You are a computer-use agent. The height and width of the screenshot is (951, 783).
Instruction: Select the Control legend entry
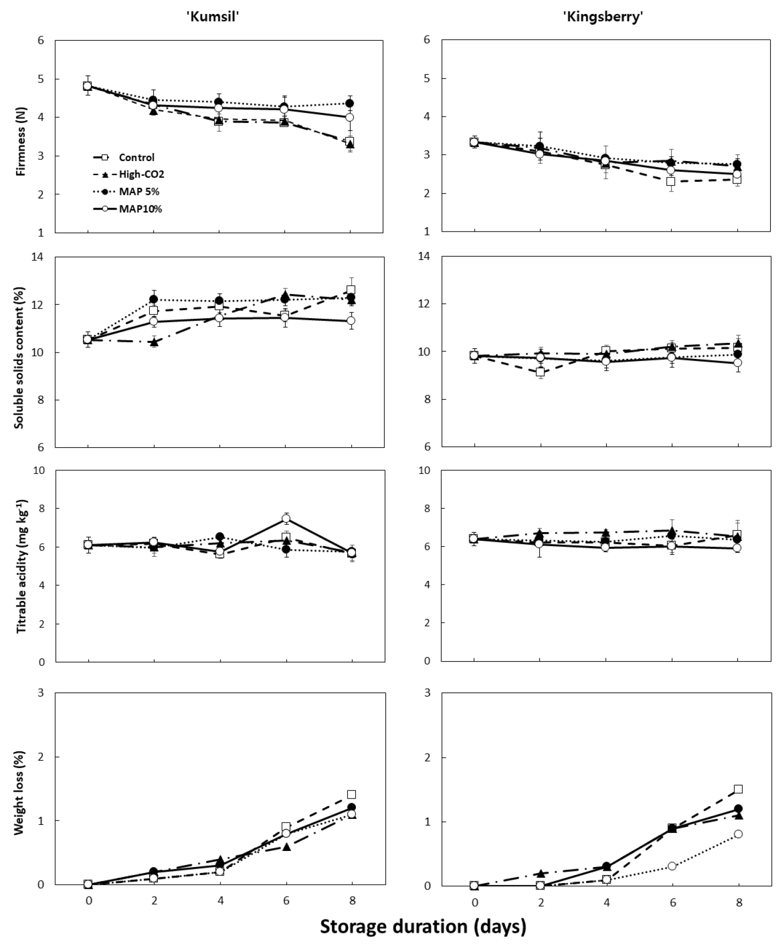pyautogui.click(x=136, y=157)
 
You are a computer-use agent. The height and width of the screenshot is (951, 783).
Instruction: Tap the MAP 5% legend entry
pyautogui.click(x=139, y=191)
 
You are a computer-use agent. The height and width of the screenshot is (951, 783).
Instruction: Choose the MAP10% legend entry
pyautogui.click(x=140, y=209)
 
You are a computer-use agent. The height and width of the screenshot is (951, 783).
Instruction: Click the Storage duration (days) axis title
pyautogui.click(x=423, y=926)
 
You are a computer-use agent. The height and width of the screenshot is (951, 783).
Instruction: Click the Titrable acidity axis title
pyautogui.click(x=21, y=566)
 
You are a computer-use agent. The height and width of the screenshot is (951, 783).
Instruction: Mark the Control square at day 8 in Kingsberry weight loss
pyautogui.click(x=738, y=789)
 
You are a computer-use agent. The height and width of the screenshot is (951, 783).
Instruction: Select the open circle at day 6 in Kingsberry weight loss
pyautogui.click(x=672, y=865)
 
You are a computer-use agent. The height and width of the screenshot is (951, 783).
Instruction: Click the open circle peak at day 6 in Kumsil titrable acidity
pyautogui.click(x=286, y=518)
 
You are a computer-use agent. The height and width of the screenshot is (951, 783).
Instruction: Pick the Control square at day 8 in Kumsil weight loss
pyautogui.click(x=352, y=794)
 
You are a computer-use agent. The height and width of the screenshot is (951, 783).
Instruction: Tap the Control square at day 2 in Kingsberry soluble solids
pyautogui.click(x=540, y=372)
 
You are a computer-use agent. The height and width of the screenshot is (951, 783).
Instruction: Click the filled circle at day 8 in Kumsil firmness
pyautogui.click(x=350, y=103)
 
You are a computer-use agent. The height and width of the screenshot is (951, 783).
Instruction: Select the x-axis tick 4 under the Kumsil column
pyautogui.click(x=220, y=901)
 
